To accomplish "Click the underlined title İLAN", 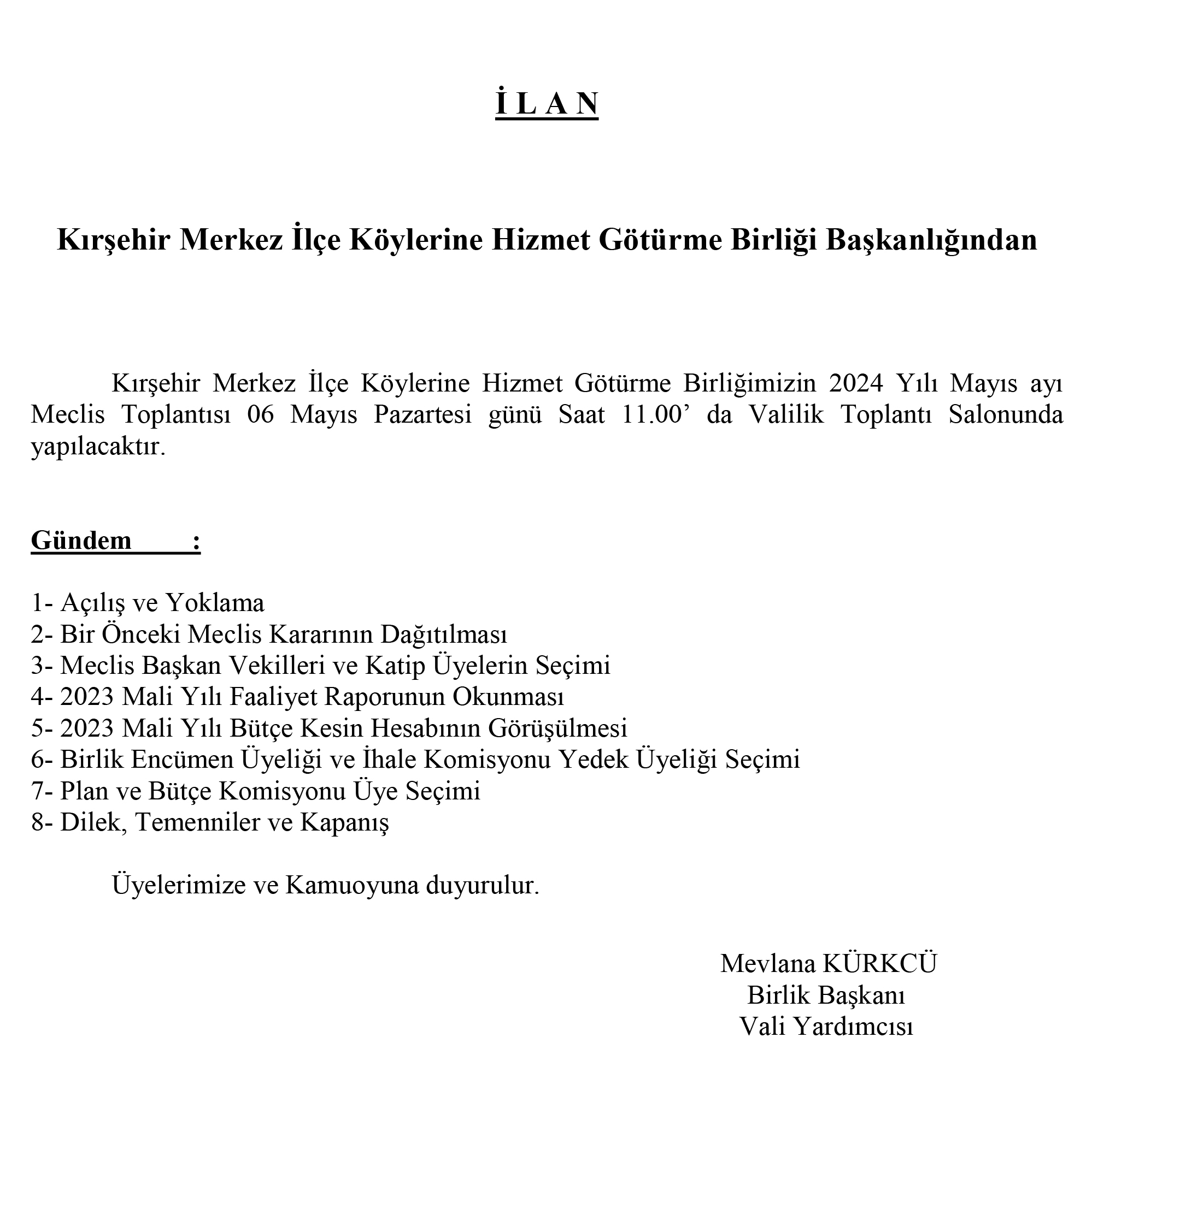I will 546,104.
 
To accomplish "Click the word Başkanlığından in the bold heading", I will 931,240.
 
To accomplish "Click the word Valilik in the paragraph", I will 786,415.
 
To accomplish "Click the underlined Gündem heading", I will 82,541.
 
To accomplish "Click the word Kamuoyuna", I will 352,885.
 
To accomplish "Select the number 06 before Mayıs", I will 261,415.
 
